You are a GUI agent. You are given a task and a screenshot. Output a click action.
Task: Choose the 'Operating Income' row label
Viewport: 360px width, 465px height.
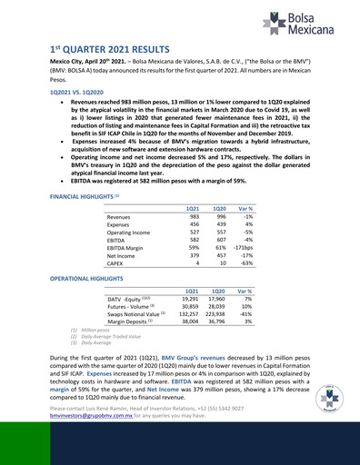point(128,232)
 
